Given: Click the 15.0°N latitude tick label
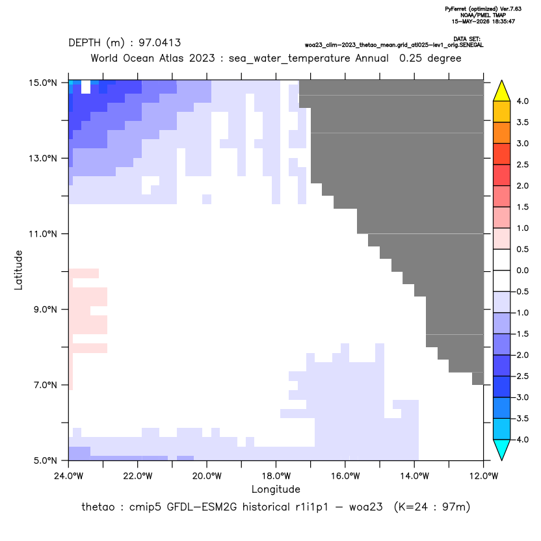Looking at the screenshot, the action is [43, 83].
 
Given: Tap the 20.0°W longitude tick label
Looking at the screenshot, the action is [207, 476].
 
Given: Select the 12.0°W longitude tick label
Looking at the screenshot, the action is [483, 476].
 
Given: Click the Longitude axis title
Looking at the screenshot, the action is [276, 489].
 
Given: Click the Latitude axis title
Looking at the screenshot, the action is [18, 270].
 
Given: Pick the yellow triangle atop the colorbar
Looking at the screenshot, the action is [502, 90].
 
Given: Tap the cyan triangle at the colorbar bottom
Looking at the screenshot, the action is [502, 449].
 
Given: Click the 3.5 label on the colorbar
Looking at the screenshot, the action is [522, 122].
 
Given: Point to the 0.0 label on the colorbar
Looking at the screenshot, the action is [522, 270].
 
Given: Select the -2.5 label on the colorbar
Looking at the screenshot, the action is [520, 376].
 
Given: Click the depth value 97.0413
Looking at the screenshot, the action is [160, 43].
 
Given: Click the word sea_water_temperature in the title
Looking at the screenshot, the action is [289, 59].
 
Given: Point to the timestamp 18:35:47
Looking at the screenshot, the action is [503, 21].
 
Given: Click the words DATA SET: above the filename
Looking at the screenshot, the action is [467, 39].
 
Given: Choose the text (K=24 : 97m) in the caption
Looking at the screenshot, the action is [432, 507].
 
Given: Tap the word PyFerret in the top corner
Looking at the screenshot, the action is [456, 9].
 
